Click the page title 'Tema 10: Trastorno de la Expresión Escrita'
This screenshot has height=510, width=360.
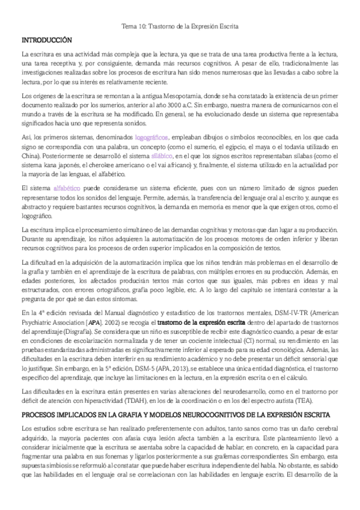coord(180,26)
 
